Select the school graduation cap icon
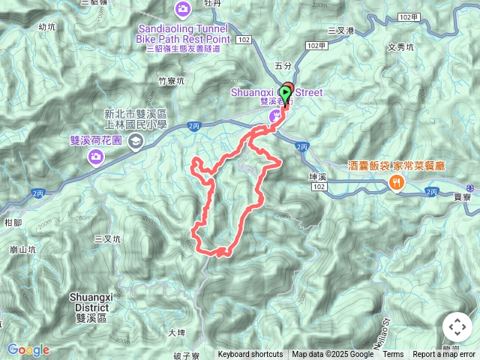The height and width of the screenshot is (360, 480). coord(136,142)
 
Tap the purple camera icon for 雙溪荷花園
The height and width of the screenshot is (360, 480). coord(96,156)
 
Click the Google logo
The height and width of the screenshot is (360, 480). coord(28,349)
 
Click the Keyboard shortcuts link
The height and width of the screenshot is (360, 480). coord(250,355)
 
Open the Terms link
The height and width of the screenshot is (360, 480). coord(393,355)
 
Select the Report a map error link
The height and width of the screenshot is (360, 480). coord(444,355)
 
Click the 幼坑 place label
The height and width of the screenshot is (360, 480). coord(46,27)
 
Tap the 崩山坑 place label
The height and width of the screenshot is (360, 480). coord(24,249)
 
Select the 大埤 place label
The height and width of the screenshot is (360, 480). coord(176,332)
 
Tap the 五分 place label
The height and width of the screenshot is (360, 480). coord(282,66)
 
